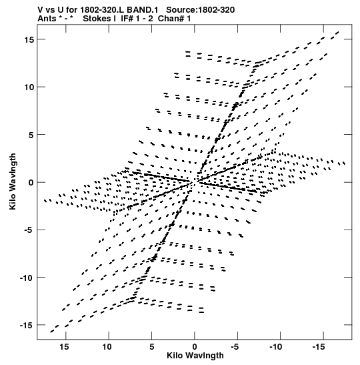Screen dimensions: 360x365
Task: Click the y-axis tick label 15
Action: pos(29,39)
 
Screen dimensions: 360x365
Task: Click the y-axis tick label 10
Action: pos(29,87)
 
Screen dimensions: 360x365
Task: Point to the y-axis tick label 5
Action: pos(31,135)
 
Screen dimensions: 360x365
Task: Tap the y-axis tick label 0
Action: pos(31,183)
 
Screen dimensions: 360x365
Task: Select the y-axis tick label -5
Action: pos(29,230)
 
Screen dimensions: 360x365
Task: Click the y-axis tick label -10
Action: pos(27,278)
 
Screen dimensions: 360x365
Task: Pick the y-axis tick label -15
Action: pos(27,325)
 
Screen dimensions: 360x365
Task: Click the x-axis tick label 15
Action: pos(65,347)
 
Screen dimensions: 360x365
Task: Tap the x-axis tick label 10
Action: pos(107,347)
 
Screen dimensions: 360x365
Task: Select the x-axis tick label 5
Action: pos(151,347)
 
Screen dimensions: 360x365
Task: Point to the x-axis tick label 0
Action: pos(195,347)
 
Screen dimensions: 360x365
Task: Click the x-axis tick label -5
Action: pos(235,347)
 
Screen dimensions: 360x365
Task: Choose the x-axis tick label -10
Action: pos(276,347)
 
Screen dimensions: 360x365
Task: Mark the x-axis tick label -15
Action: pos(319,347)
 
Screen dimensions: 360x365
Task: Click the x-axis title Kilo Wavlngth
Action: pos(195,356)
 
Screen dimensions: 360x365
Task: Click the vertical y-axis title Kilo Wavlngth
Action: pos(13,181)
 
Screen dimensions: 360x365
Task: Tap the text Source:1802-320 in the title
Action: pos(201,10)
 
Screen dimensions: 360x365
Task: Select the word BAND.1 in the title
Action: pos(143,10)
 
